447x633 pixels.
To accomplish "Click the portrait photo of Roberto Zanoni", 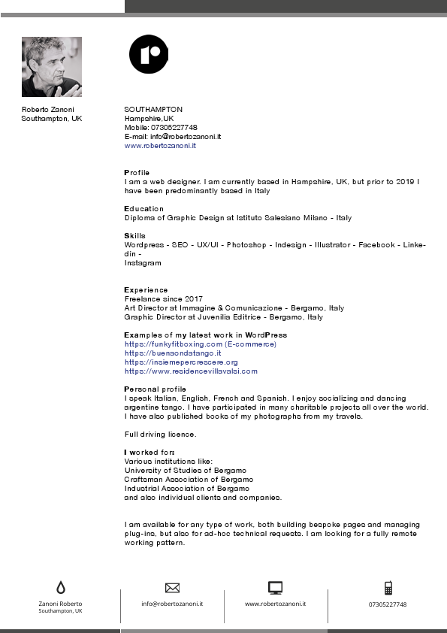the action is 52,67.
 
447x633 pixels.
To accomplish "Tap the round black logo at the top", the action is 149,54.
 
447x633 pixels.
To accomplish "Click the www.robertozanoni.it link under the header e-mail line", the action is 160,146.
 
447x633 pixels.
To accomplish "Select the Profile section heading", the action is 137,173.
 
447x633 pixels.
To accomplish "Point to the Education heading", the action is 143,209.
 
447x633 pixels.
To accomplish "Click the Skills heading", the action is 134,236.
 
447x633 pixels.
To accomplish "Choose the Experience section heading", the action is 146,290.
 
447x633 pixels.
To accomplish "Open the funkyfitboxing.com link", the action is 201,344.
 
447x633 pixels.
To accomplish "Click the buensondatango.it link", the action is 173,353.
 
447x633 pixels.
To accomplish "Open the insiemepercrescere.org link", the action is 181,362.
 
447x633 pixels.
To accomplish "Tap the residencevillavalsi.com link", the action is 191,371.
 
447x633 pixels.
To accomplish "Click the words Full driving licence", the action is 160,435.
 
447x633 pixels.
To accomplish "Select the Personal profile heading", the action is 155,389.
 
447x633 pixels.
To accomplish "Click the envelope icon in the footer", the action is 172,587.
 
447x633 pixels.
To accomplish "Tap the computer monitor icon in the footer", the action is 275,588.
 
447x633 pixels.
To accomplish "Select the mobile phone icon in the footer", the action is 388,588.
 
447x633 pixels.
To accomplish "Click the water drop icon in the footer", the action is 60,588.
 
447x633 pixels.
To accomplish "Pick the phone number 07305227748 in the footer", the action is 388,604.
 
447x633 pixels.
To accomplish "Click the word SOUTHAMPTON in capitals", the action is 153,110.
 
